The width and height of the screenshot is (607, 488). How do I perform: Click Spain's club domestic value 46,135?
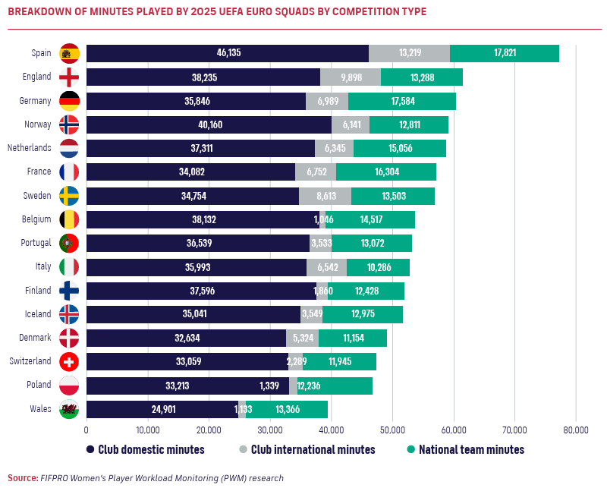tap(228, 53)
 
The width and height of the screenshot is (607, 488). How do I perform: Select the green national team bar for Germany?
tap(402, 101)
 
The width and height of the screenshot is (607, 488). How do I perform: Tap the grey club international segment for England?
tap(351, 77)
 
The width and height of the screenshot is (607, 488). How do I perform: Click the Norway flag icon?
tap(69, 124)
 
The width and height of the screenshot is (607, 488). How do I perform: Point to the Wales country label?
tap(39, 408)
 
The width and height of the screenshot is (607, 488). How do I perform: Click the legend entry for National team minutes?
tap(466, 449)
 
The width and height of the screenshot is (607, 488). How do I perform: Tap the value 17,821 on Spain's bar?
tap(505, 53)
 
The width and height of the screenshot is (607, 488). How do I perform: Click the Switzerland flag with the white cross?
tap(69, 361)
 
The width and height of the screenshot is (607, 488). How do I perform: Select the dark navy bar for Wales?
tap(162, 409)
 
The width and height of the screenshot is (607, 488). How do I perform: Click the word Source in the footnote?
tap(23, 478)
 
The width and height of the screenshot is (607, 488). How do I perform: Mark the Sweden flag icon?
tap(69, 196)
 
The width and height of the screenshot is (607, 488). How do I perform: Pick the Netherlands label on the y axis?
tap(29, 147)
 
